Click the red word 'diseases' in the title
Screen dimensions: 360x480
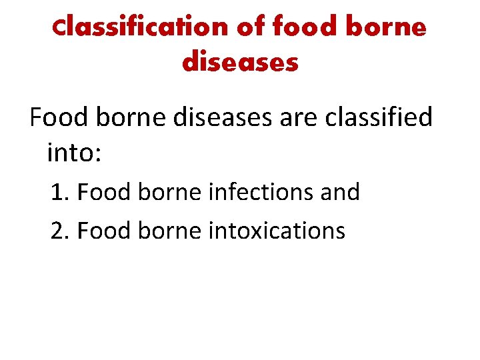(x=240, y=63)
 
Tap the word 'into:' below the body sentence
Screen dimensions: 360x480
(x=74, y=153)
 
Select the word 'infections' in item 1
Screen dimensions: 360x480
(x=253, y=193)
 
